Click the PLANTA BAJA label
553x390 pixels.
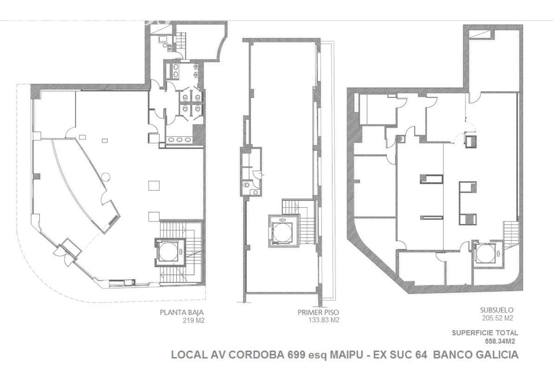pyautogui.click(x=182, y=312)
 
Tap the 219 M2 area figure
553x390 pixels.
pyautogui.click(x=194, y=321)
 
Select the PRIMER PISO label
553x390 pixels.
pyautogui.click(x=318, y=312)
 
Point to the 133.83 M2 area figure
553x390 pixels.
pyautogui.click(x=324, y=320)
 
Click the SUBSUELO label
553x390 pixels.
pyautogui.click(x=497, y=310)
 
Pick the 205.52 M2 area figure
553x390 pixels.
pyautogui.click(x=497, y=318)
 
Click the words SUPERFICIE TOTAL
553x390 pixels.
pyautogui.click(x=485, y=333)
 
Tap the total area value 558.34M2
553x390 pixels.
pyautogui.click(x=500, y=341)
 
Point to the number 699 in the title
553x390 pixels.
pyautogui.click(x=296, y=355)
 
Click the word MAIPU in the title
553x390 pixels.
pyautogui.click(x=347, y=355)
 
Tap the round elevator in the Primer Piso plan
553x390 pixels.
pyautogui.click(x=282, y=232)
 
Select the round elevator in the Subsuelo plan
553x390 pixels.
pyautogui.click(x=485, y=254)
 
